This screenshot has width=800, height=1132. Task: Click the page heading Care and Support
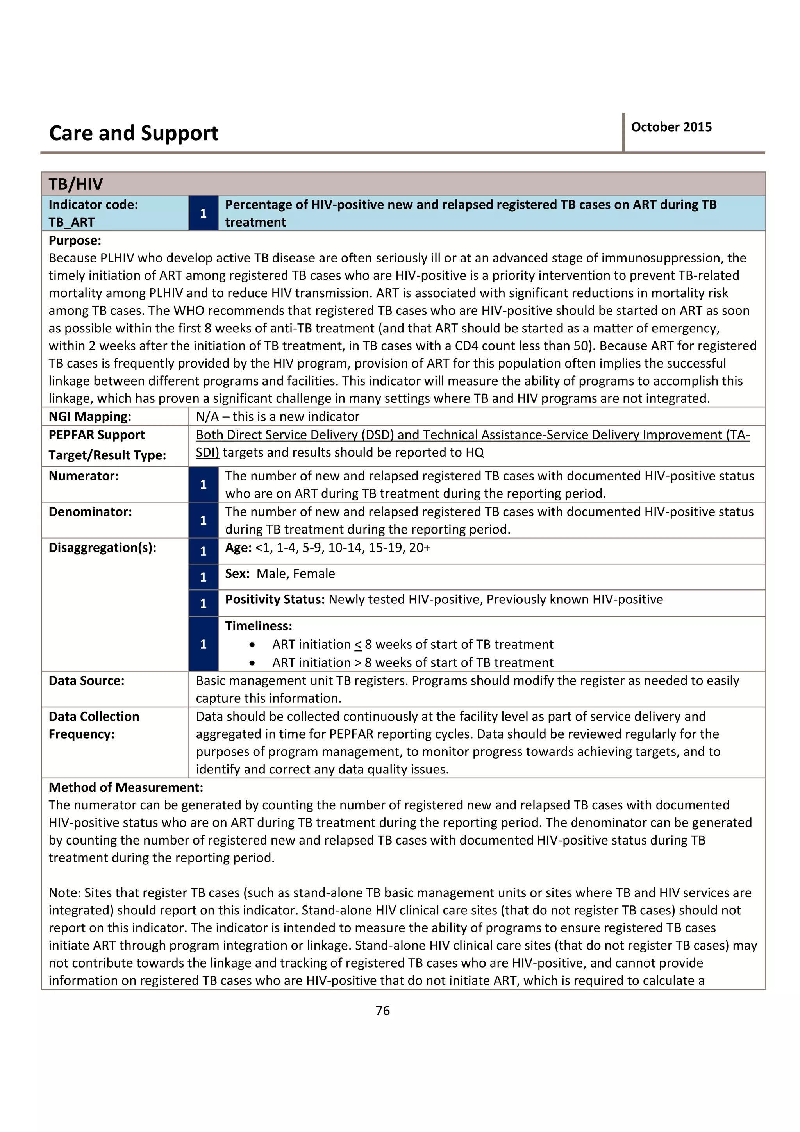pos(134,133)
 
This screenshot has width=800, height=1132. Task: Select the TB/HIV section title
pos(75,184)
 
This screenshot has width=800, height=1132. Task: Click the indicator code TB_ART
pos(71,222)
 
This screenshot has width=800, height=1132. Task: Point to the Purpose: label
pos(75,241)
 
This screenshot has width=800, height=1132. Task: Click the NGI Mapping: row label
pos(90,417)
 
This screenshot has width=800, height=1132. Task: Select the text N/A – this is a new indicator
pos(277,417)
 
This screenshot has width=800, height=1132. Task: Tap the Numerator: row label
pos(83,476)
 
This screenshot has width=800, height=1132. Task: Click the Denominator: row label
pos(90,512)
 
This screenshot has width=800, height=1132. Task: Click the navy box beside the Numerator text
pos(203,485)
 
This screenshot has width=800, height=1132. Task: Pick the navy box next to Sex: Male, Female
pos(203,577)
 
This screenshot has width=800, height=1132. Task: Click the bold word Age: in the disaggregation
pos(239,548)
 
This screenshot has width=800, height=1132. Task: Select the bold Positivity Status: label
pos(275,600)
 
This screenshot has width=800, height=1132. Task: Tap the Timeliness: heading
pos(258,626)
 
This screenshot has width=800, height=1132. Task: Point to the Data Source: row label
pos(86,681)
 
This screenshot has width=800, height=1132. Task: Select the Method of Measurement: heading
pos(126,787)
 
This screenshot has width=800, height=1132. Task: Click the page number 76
pos(382,1011)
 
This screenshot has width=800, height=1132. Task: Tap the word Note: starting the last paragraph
pos(64,893)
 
